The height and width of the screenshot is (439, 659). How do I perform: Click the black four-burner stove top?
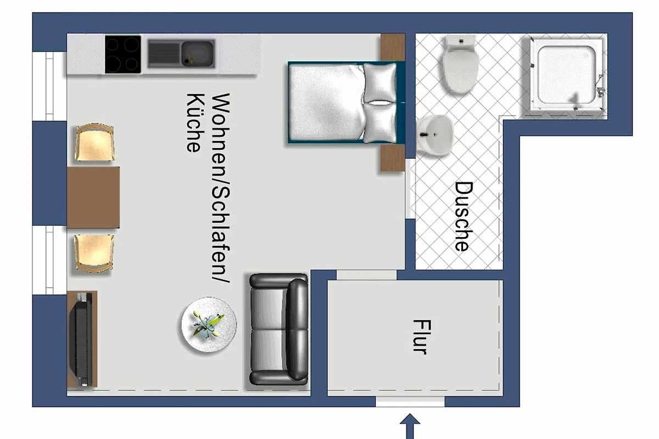click(x=123, y=54)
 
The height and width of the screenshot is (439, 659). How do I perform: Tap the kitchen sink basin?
click(x=197, y=54)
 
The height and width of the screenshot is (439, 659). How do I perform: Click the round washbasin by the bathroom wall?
click(x=434, y=135)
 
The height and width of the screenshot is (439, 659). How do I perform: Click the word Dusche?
click(x=463, y=216)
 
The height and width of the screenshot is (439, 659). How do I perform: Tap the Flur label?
click(x=422, y=336)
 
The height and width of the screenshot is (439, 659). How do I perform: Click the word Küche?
click(x=195, y=123)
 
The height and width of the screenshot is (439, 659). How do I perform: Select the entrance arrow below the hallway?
click(x=410, y=426)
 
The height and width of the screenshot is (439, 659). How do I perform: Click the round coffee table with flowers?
click(x=209, y=325)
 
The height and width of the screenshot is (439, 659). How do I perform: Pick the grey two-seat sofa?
click(x=278, y=329)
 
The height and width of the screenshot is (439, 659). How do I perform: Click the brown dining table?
click(x=93, y=198)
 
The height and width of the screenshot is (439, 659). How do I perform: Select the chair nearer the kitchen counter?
click(x=94, y=143)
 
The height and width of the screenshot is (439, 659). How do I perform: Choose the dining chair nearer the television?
click(x=94, y=253)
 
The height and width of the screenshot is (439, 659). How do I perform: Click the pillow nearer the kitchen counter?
click(x=380, y=83)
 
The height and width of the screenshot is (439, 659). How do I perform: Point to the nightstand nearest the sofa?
click(x=392, y=159)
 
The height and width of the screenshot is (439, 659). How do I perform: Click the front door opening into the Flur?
click(x=410, y=402)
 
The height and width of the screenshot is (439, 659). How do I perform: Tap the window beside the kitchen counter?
click(x=49, y=86)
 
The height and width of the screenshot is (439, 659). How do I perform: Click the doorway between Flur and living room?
click(x=367, y=274)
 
